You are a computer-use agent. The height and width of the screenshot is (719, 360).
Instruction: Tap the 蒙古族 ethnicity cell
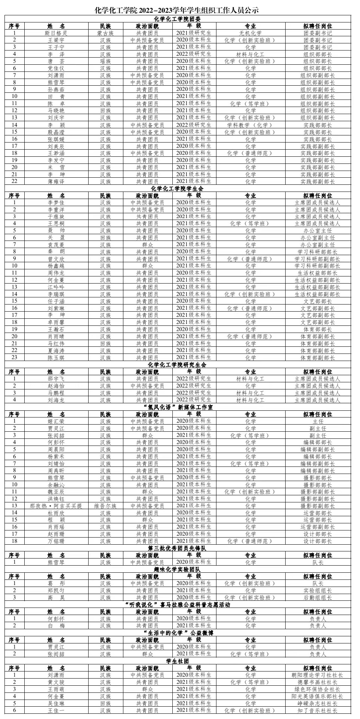(105, 33)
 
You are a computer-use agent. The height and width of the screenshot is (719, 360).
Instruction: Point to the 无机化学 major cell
(250, 33)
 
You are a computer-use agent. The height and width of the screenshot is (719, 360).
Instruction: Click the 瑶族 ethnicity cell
(105, 61)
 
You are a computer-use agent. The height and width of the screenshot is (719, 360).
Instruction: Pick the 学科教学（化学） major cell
(250, 125)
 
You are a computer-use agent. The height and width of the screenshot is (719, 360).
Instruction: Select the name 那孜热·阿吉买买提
(56, 506)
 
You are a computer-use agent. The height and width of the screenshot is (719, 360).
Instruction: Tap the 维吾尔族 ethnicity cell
(105, 506)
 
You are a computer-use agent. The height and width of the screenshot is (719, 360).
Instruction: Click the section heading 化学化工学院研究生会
(178, 365)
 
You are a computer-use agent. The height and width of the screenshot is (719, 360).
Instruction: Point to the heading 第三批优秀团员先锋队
(178, 548)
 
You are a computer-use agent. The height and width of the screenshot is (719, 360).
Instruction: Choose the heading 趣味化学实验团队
(178, 569)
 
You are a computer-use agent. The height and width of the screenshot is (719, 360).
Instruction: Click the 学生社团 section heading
(178, 661)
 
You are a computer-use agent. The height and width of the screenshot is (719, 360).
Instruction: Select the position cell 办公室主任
(317, 230)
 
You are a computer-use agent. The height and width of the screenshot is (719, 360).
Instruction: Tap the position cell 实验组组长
(317, 590)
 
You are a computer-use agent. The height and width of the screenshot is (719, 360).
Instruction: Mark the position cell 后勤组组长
(317, 597)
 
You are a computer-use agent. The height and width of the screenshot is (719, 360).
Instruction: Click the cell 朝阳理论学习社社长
(317, 675)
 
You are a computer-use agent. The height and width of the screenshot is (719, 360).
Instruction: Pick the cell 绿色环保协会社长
(317, 689)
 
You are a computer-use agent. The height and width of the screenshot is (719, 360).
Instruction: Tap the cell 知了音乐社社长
(317, 710)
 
